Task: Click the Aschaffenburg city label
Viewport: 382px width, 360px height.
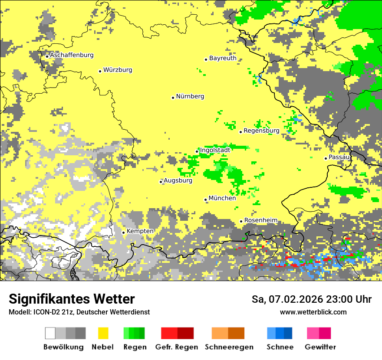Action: [x=72, y=55]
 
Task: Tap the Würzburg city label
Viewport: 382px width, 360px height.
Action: [x=118, y=70]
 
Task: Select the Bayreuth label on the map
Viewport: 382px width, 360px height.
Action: [x=223, y=58]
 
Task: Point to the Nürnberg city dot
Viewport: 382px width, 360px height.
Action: [x=173, y=98]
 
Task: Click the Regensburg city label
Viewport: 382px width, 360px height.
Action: [x=261, y=131]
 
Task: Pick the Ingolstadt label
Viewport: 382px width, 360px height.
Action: [x=215, y=150]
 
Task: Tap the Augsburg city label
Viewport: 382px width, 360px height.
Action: [x=178, y=180]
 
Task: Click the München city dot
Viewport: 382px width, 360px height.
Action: [x=206, y=200]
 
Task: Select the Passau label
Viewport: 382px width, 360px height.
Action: [x=339, y=157]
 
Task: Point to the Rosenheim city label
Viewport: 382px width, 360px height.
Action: [x=260, y=220]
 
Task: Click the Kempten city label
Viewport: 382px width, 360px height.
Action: [x=140, y=231]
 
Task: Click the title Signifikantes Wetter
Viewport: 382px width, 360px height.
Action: [x=72, y=299]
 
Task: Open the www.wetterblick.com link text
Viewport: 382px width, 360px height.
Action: [x=313, y=312]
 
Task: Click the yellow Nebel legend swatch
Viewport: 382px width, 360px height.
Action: [x=103, y=333]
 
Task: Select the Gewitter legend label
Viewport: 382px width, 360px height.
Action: [x=320, y=347]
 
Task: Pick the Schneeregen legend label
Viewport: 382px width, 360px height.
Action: [x=229, y=347]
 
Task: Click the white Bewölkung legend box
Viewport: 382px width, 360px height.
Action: [x=50, y=333]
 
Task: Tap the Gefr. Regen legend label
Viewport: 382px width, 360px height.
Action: [x=177, y=347]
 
